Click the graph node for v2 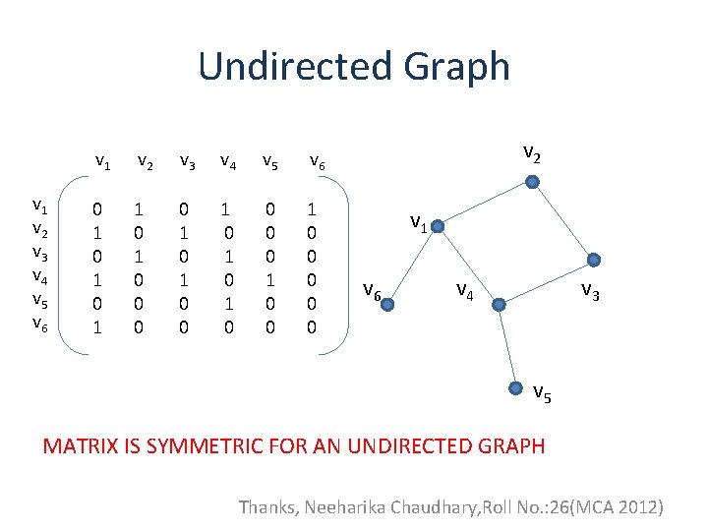[531, 182]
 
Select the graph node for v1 [439, 228]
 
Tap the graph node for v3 [592, 261]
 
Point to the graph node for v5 [518, 386]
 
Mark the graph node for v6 [387, 305]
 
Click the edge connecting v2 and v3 [561, 221]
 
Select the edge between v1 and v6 [413, 266]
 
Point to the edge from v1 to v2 [485, 205]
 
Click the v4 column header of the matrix [228, 159]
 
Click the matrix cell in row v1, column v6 [312, 209]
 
